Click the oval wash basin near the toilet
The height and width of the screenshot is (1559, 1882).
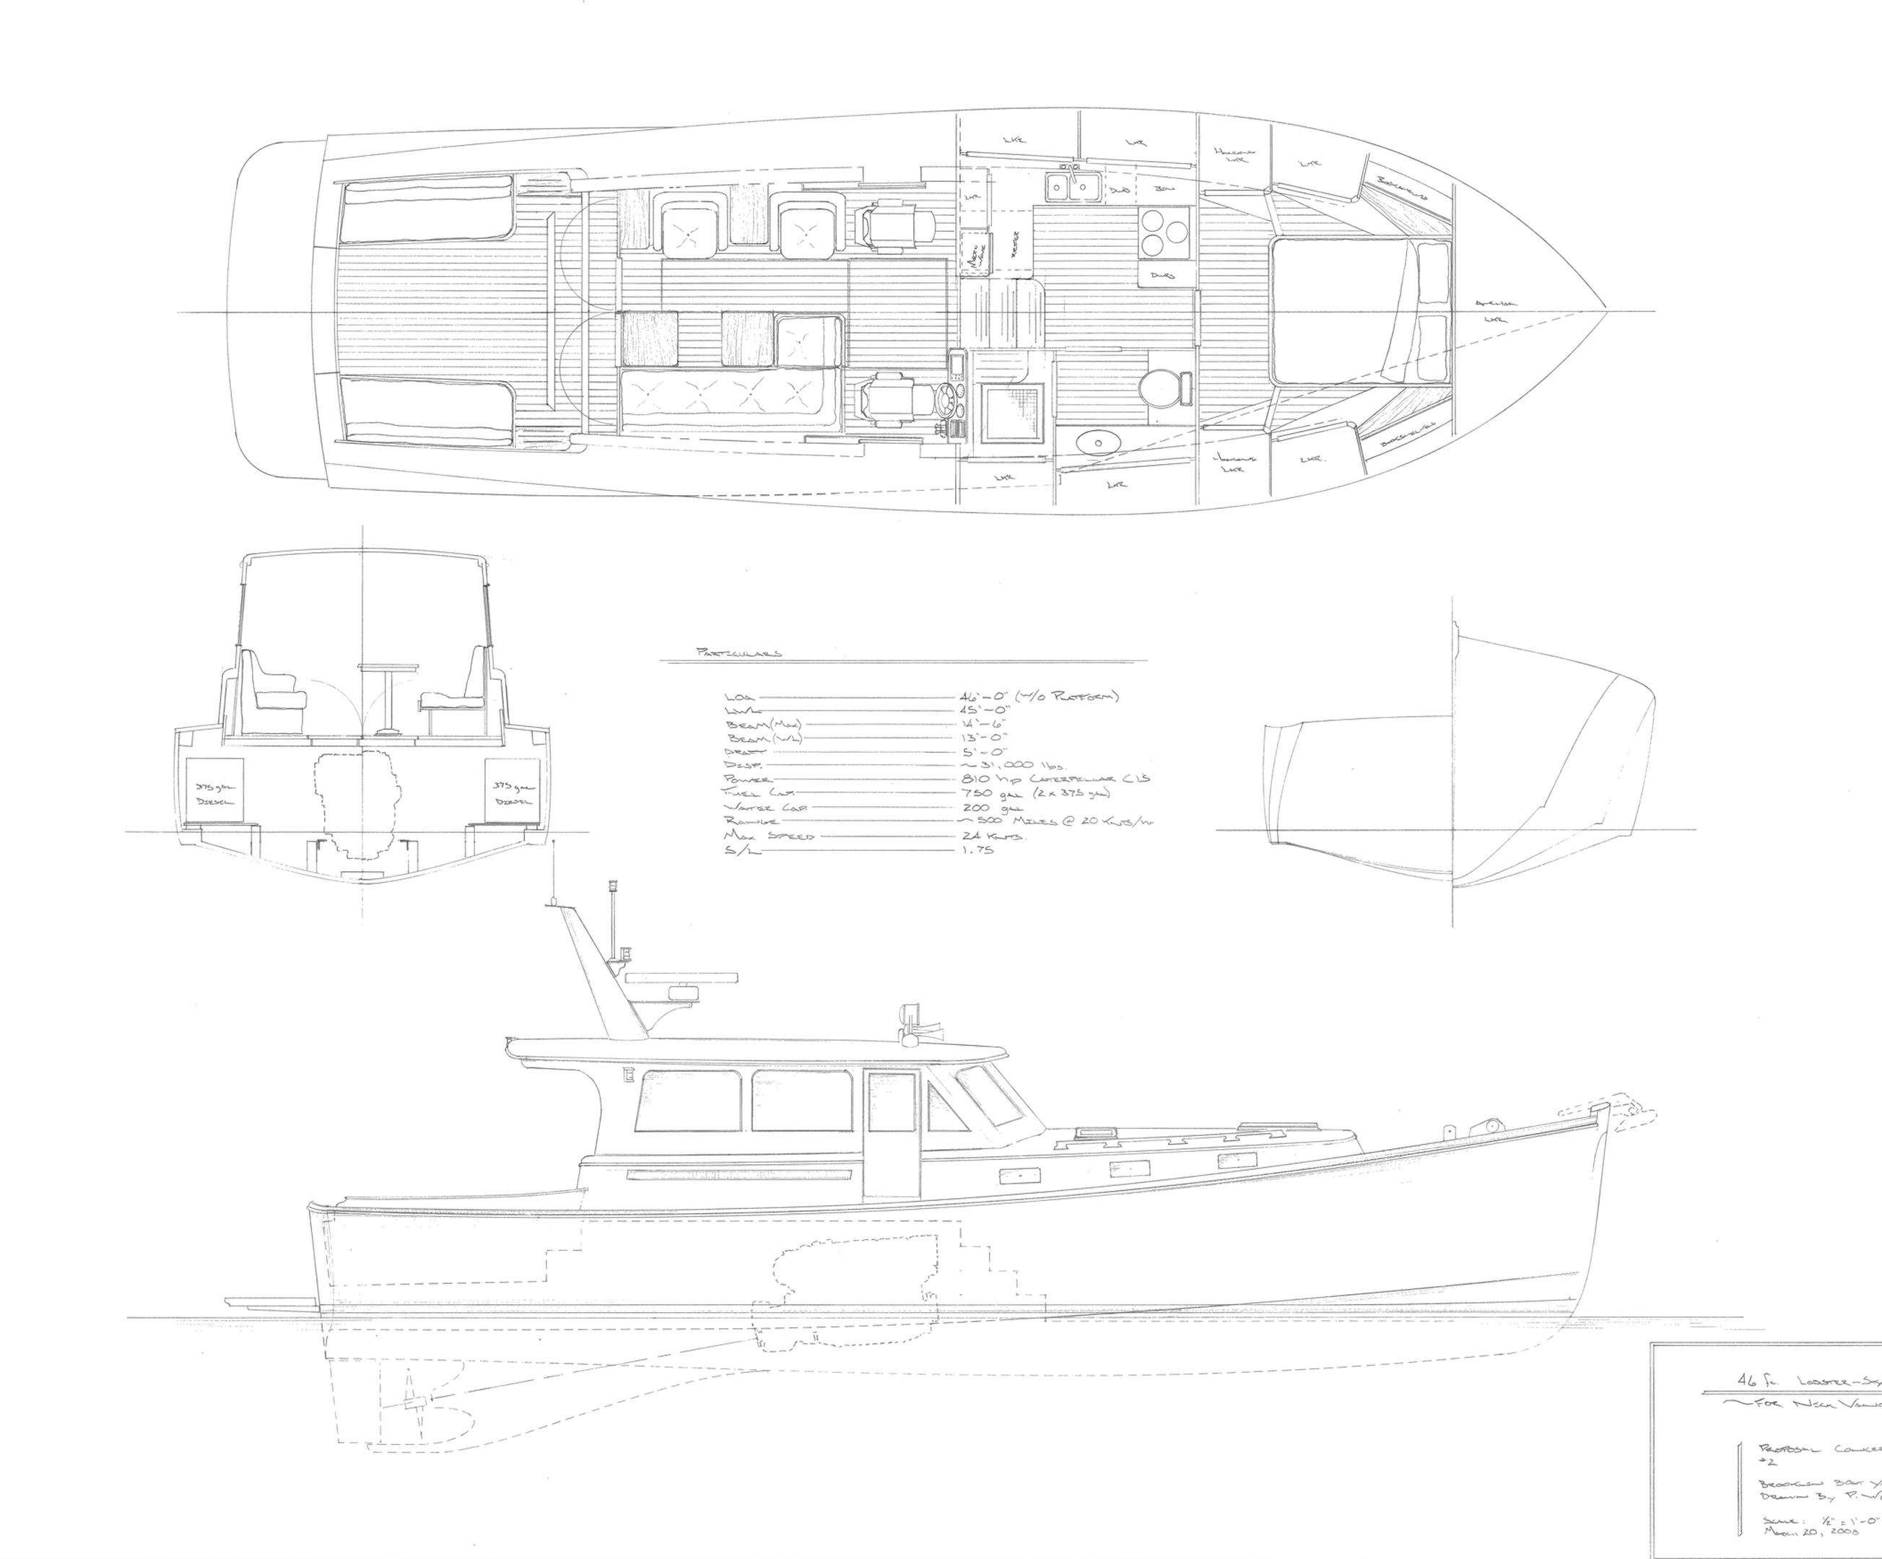(1092, 442)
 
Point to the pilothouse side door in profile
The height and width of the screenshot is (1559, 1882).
(892, 1133)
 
